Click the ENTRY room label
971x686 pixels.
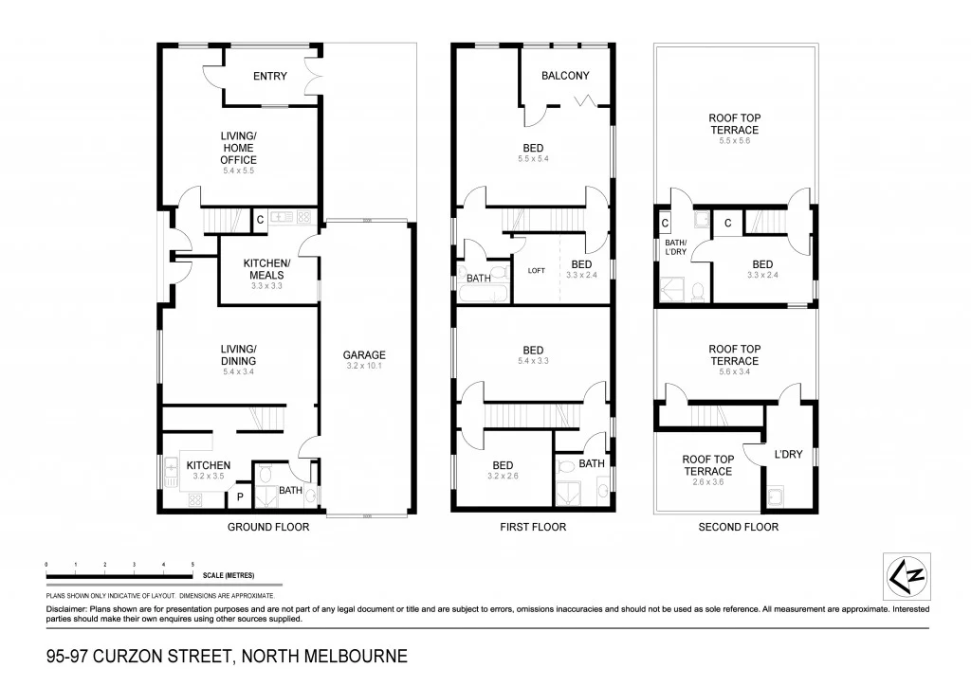pos(270,77)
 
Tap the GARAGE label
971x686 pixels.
pos(365,355)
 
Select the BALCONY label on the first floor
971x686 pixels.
pos(565,76)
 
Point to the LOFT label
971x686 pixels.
pos(537,270)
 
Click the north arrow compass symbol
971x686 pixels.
pos(906,576)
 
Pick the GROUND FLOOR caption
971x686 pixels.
pos(268,527)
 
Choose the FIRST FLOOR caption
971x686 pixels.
pos(533,527)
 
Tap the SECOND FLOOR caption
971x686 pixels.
pos(738,527)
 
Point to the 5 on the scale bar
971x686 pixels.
pos(192,565)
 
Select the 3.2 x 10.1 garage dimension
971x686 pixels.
pos(365,367)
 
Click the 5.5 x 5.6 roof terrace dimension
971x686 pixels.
pos(734,141)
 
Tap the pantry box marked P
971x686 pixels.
pos(239,496)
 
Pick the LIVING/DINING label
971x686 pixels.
pos(238,355)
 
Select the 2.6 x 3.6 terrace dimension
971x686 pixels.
pos(707,482)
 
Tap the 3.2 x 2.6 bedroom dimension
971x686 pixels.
pos(503,476)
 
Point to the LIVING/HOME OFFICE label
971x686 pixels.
pos(238,148)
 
